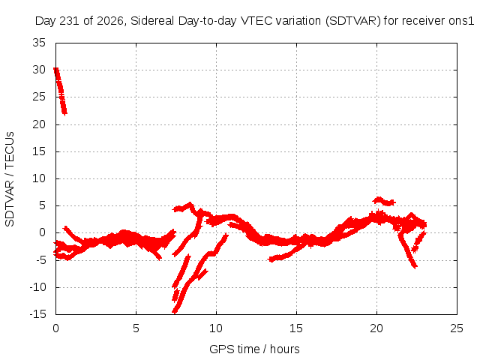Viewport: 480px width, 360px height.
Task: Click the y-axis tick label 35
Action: pyautogui.click(x=39, y=43)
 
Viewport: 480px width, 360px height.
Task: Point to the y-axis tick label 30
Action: pyautogui.click(x=39, y=70)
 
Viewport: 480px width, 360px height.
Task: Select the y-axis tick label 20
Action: pyautogui.click(x=39, y=124)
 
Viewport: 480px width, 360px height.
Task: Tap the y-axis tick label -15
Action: pyautogui.click(x=37, y=314)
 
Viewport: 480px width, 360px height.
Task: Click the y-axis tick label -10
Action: pyautogui.click(x=37, y=287)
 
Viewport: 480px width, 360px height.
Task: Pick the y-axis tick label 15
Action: pyautogui.click(x=39, y=151)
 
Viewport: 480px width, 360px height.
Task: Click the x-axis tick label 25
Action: pyautogui.click(x=457, y=328)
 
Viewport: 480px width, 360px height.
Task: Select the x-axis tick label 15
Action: pyautogui.click(x=296, y=328)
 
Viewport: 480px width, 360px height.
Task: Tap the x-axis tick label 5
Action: pyautogui.click(x=136, y=328)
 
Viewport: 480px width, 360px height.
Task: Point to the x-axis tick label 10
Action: pyautogui.click(x=216, y=328)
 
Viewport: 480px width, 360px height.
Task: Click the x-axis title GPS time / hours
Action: pyautogui.click(x=254, y=349)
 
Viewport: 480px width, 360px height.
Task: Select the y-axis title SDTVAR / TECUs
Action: pyautogui.click(x=10, y=179)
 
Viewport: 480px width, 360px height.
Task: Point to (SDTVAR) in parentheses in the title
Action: pyautogui.click(x=353, y=21)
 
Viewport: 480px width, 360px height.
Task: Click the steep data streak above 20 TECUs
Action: pyautogui.click(x=60, y=91)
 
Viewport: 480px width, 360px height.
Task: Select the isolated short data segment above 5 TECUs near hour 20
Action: pyautogui.click(x=384, y=201)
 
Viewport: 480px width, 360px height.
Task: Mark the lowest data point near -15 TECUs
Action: pyautogui.click(x=175, y=312)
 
